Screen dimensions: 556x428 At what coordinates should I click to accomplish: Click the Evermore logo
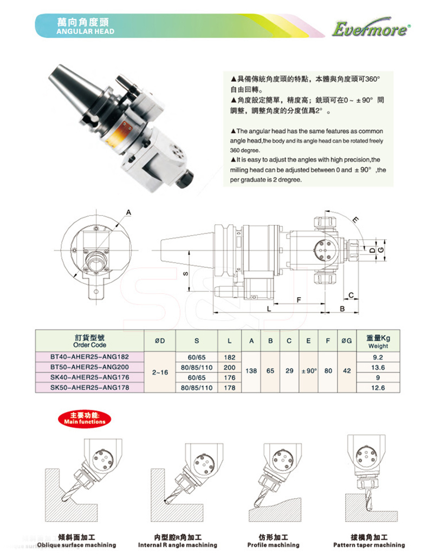coord(370,29)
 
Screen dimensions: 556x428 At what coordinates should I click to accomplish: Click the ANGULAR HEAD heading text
coord(85,31)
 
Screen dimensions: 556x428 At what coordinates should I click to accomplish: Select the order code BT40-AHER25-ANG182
coord(89,357)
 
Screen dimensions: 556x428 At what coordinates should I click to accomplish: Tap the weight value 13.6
coord(378,367)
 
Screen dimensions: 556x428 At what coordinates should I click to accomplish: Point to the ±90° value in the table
coord(308,372)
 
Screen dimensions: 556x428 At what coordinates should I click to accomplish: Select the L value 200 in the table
coord(229,367)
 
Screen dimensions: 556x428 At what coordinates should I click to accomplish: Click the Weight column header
coord(378,341)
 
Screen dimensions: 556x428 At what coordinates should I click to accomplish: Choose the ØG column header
coord(348,341)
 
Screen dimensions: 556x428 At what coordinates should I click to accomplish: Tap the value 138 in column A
coord(250,372)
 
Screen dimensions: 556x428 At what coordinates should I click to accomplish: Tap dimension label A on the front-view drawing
coord(129,212)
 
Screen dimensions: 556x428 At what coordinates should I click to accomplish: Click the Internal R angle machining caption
coord(177,545)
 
